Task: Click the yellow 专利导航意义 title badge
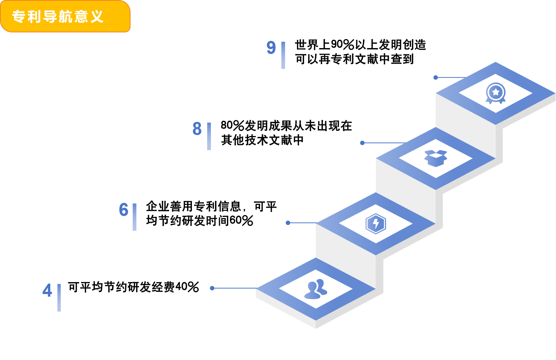point(65,16)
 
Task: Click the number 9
point(271,48)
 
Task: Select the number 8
point(197,129)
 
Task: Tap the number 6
point(123,209)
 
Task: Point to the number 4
point(47,290)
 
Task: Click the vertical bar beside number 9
point(283,55)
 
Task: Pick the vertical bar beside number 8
point(209,136)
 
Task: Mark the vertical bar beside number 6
point(135,217)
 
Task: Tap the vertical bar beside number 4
point(59,298)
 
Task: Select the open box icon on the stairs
point(436,158)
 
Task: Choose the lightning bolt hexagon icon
point(376,224)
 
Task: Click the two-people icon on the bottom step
point(316,289)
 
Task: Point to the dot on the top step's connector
point(436,78)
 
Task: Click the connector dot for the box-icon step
point(362,143)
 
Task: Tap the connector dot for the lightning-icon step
point(288,223)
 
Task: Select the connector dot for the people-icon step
point(212,288)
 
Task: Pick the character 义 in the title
point(97,17)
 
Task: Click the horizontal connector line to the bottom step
point(235,288)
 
